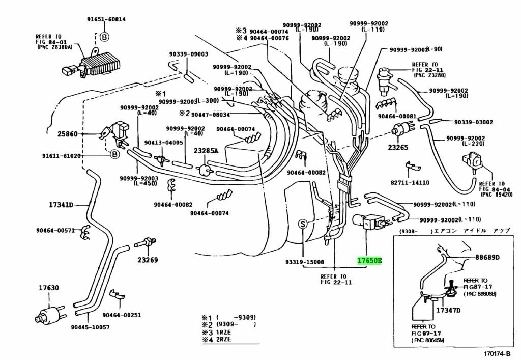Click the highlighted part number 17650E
pyautogui.click(x=368, y=261)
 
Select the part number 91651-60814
pyautogui.click(x=105, y=19)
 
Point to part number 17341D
pyautogui.click(x=61, y=205)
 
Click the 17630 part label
pyautogui.click(x=48, y=288)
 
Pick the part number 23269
pyautogui.click(x=147, y=260)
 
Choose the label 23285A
pyautogui.click(x=206, y=151)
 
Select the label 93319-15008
pyautogui.click(x=304, y=262)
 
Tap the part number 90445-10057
pyautogui.click(x=91, y=327)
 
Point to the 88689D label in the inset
pyautogui.click(x=488, y=257)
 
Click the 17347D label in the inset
pyautogui.click(x=448, y=310)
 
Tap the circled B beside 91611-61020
pyautogui.click(x=114, y=154)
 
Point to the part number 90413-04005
pyautogui.click(x=164, y=143)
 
